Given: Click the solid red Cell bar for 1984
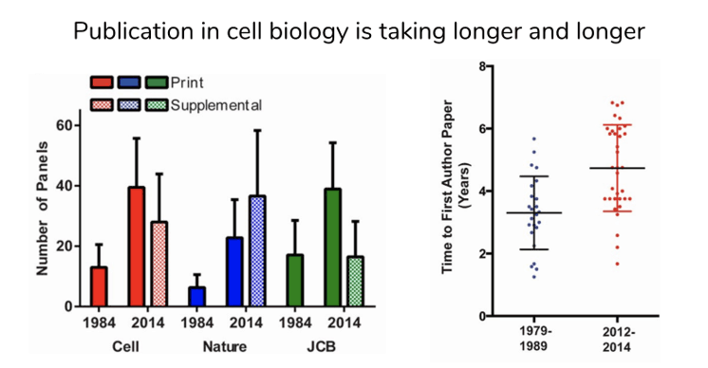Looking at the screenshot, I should coord(99,286).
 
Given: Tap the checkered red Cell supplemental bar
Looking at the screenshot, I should coord(159,265).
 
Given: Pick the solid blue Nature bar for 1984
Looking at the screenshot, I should coord(196,297).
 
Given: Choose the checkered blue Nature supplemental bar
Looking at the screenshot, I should coord(256,251).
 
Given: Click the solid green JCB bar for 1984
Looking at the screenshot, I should coord(295,281).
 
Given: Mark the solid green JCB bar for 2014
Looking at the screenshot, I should coord(333,248).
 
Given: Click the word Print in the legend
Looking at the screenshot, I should coord(187,83).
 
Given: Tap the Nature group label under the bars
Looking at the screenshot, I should coord(225,346).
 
